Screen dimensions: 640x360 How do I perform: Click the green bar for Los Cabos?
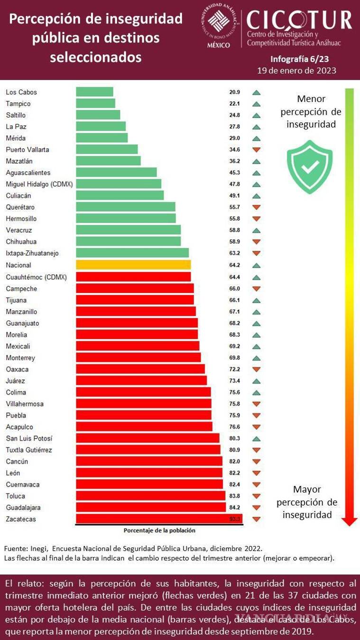click(94, 92)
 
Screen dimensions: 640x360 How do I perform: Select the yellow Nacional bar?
click(133, 265)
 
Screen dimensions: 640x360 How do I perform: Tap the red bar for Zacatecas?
click(159, 519)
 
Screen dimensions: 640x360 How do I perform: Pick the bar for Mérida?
click(102, 138)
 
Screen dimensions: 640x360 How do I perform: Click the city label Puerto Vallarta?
click(28, 150)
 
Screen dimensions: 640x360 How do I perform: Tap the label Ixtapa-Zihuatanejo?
click(32, 253)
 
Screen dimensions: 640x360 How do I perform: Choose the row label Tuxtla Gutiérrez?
click(29, 450)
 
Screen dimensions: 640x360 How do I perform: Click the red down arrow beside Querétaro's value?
click(257, 207)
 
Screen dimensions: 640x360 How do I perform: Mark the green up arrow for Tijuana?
click(257, 300)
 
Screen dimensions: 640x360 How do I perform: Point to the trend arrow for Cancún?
click(257, 462)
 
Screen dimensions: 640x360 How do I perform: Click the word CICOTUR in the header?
click(299, 19)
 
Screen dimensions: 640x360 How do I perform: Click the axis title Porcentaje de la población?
click(159, 530)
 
